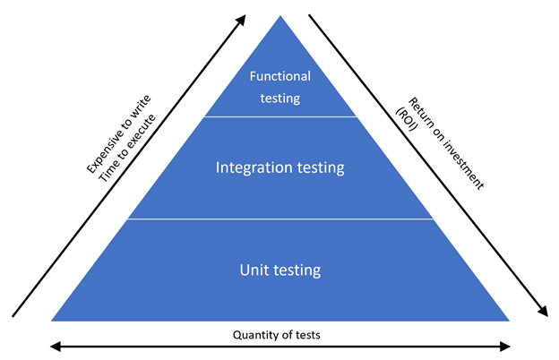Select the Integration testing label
[280, 167]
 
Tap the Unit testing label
[280, 269]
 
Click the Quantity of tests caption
[279, 335]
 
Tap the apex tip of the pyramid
[280, 17]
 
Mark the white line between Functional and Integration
[280, 116]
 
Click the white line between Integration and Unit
[280, 219]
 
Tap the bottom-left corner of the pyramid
[53, 320]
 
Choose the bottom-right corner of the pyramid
[509, 320]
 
